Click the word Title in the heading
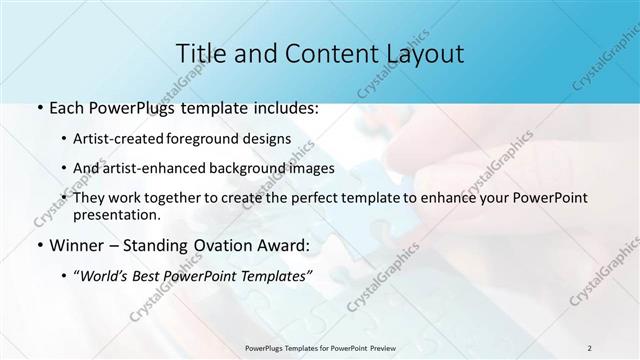199,53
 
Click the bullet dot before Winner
39,245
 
